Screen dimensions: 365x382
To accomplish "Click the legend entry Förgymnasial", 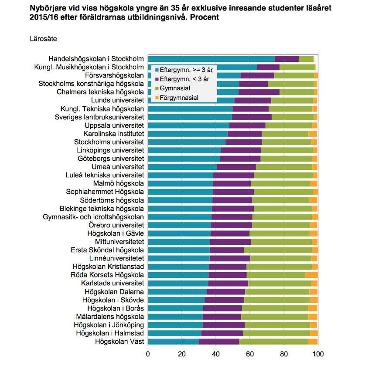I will [x=179, y=98].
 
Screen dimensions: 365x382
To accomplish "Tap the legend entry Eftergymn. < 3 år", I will [x=184, y=79].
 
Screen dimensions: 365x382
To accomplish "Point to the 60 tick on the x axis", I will [x=250, y=354].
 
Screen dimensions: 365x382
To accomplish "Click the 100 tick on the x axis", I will [x=318, y=354].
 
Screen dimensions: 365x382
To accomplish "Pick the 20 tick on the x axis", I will [x=182, y=354].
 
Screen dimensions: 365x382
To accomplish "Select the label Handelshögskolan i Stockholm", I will [x=96, y=59].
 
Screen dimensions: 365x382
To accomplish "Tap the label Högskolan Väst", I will [x=119, y=341].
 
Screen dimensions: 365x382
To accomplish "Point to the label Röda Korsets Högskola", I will [x=107, y=275].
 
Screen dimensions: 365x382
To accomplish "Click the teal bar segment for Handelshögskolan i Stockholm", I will [x=211, y=59].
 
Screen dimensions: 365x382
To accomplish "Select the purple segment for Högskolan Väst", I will [x=219, y=341].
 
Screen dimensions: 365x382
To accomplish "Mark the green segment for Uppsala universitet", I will [x=289, y=125].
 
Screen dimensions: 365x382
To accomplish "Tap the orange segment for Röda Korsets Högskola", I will [x=311, y=275].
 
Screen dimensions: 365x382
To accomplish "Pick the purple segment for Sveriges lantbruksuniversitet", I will [x=252, y=117].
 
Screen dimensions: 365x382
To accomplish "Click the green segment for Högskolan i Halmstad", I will [x=276, y=333].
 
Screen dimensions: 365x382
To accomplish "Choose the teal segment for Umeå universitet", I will [x=182, y=166].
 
